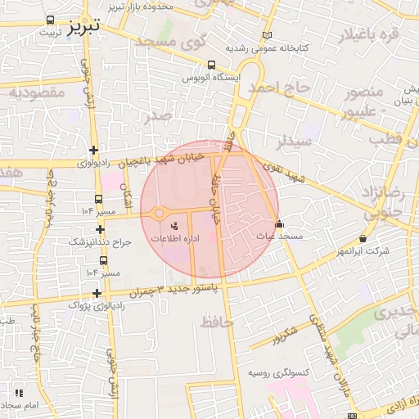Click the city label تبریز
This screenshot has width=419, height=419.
click(83, 25)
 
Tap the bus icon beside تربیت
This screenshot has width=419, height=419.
click(52, 20)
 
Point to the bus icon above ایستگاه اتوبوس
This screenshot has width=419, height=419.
click(212, 65)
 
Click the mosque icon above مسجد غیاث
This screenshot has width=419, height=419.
click(279, 223)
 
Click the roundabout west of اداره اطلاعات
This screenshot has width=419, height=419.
click(156, 214)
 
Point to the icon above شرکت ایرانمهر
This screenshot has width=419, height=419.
click(363, 238)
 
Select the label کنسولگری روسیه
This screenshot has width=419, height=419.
click(280, 373)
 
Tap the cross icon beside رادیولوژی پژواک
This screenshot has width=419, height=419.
click(97, 293)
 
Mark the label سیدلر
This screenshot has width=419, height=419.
click(294, 141)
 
